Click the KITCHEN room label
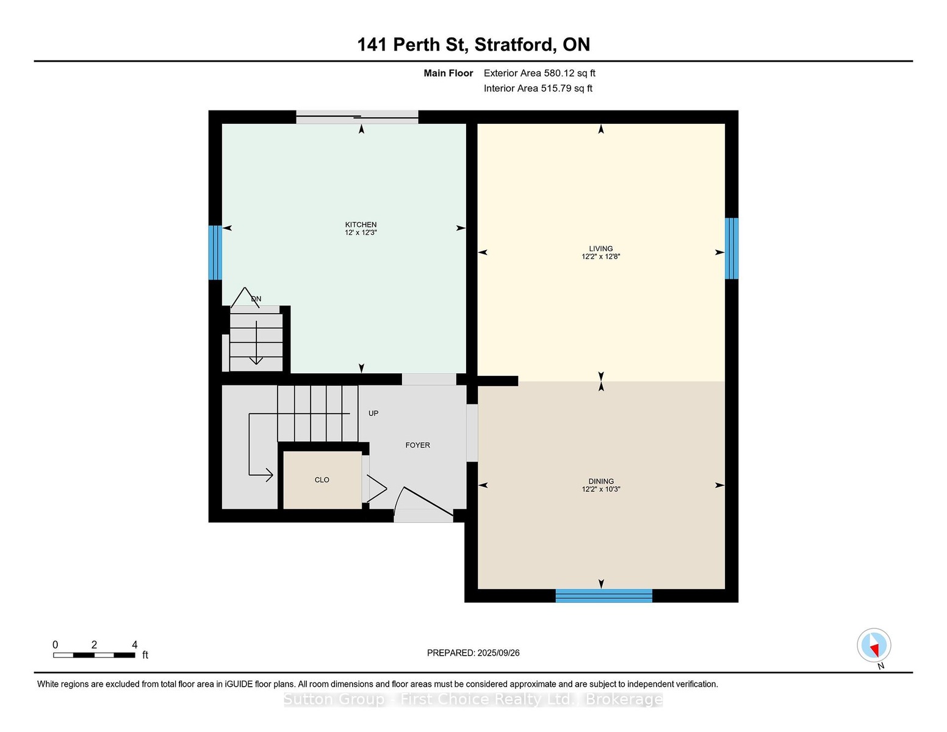(x=361, y=224)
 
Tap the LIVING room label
(x=600, y=249)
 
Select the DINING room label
(x=601, y=481)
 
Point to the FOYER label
(x=417, y=445)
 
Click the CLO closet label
(x=322, y=480)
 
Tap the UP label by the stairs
(x=373, y=413)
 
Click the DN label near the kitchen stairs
(x=256, y=299)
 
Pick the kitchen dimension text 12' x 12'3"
(x=361, y=232)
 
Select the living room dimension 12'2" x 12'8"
(x=600, y=256)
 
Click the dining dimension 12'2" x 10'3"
(x=601, y=489)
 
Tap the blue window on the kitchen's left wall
(x=215, y=253)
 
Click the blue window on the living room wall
(x=731, y=248)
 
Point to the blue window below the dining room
(x=603, y=595)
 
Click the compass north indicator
(x=874, y=646)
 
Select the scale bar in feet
(x=94, y=655)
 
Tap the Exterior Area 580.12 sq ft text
(x=539, y=73)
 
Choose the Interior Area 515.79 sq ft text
(x=538, y=88)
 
